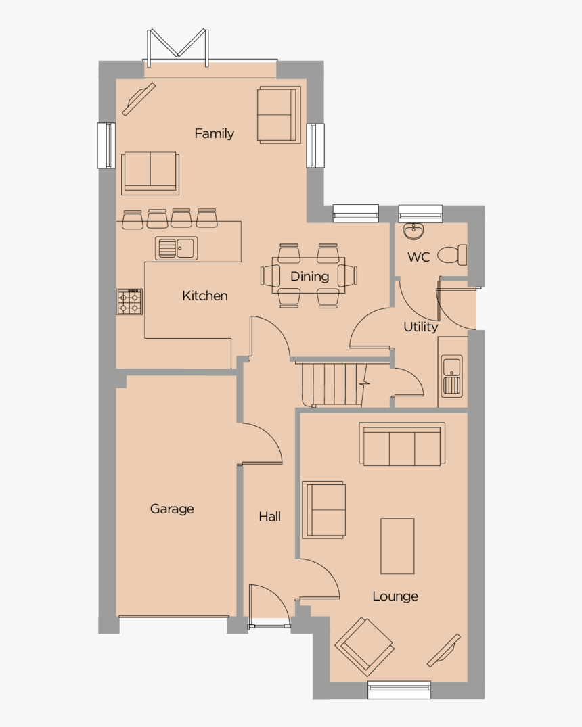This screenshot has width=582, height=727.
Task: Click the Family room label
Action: (x=214, y=133)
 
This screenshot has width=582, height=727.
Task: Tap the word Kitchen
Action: (x=204, y=296)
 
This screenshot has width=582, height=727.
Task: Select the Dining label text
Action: (x=309, y=276)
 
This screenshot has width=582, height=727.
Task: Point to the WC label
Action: (x=419, y=257)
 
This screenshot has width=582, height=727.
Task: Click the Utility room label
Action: (x=420, y=327)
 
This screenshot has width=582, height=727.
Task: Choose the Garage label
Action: (x=172, y=509)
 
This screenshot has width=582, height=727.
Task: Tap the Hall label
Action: (x=269, y=517)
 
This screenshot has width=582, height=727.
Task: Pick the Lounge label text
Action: (x=395, y=596)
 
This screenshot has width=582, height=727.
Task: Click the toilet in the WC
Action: (x=452, y=255)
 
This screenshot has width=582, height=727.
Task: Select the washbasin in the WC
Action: (x=413, y=232)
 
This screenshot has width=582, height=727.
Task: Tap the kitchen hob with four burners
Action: (x=129, y=302)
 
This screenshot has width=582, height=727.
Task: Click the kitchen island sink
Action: (x=176, y=248)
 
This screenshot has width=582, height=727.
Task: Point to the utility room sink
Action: (x=451, y=376)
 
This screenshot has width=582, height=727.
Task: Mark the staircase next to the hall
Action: (x=332, y=384)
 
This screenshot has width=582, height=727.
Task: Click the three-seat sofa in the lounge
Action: (x=402, y=444)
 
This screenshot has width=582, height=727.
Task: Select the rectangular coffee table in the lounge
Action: (x=397, y=546)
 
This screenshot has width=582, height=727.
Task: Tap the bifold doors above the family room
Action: (x=177, y=46)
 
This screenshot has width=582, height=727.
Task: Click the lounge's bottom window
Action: (x=399, y=689)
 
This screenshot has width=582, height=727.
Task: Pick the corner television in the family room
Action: (x=139, y=99)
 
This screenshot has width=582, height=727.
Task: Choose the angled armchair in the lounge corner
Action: (x=365, y=647)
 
